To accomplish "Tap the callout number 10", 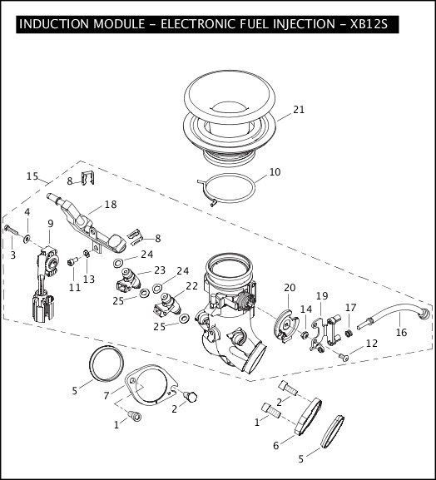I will click(274, 172).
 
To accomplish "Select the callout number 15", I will click(32, 176).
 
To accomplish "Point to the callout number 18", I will click(110, 204).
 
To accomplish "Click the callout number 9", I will click(50, 223).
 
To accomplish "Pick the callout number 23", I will click(160, 270).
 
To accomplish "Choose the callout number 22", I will click(191, 285).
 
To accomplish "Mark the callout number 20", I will click(290, 288).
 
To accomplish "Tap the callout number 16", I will click(401, 332).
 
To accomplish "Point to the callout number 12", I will click(371, 343).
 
